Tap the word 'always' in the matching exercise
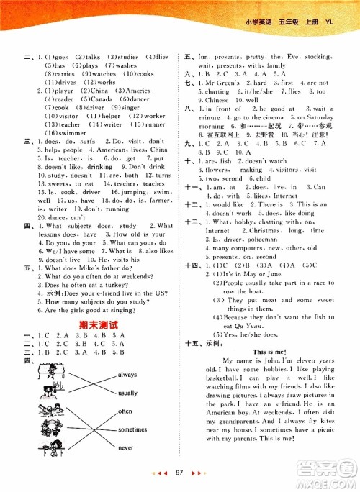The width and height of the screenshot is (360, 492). [127, 375]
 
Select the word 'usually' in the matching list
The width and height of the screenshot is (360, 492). [127, 393]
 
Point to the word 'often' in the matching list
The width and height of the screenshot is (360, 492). [125, 411]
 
